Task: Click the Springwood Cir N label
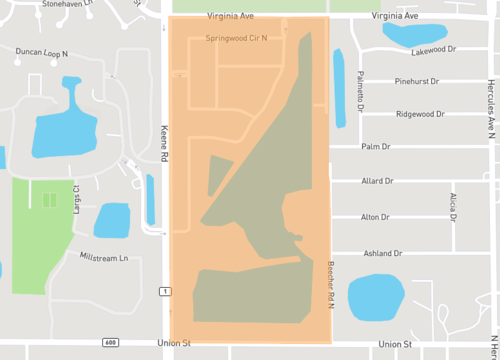236,38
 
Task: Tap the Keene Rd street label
163,140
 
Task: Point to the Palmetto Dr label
359,93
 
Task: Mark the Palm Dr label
375,146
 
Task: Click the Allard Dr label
377,181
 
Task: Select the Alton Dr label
375,217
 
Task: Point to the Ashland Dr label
382,253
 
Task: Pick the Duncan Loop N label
43,52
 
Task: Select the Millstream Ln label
104,258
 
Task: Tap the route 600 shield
109,344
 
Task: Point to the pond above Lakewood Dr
414,35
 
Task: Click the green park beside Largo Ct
42,235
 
